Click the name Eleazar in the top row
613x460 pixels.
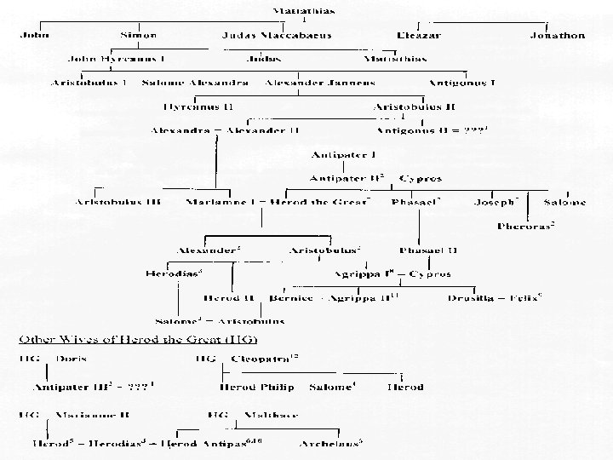click(x=419, y=36)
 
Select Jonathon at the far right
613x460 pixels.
click(x=557, y=36)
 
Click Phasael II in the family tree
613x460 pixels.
click(x=428, y=250)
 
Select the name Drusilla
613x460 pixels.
click(x=472, y=298)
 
